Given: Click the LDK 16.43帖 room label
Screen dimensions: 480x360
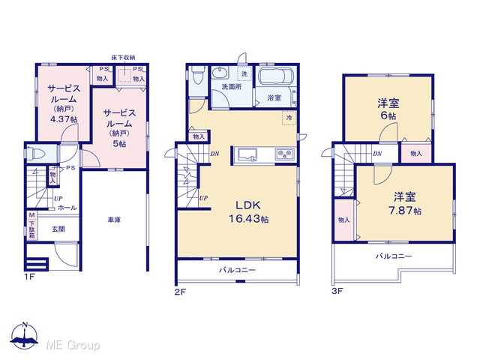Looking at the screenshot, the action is pyautogui.click(x=248, y=211).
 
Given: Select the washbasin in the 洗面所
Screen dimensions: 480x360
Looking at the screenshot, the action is pyautogui.click(x=220, y=73).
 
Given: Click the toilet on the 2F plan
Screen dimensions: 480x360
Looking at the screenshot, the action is pyautogui.click(x=196, y=75).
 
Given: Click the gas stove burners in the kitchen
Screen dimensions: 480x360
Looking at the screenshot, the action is pyautogui.click(x=285, y=154).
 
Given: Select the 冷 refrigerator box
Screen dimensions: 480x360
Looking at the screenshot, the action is pyautogui.click(x=289, y=118).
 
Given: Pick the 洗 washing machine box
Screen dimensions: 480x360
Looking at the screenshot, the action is pyautogui.click(x=245, y=73).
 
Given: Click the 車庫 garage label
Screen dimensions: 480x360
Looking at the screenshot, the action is pyautogui.click(x=114, y=220).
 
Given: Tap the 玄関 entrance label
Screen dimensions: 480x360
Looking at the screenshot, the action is pyautogui.click(x=58, y=229).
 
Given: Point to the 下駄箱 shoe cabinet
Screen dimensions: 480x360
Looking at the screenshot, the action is pyautogui.click(x=31, y=226).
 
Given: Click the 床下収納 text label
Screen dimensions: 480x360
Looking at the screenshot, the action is pyautogui.click(x=123, y=58).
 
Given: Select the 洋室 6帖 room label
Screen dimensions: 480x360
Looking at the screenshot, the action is pyautogui.click(x=388, y=109).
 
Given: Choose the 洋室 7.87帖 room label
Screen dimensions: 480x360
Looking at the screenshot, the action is pyautogui.click(x=405, y=203).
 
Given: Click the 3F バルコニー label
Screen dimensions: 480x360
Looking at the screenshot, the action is pyautogui.click(x=394, y=256).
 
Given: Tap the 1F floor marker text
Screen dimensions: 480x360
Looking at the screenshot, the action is pyautogui.click(x=30, y=277).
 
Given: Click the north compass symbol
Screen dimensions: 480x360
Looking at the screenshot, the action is pyautogui.click(x=25, y=335).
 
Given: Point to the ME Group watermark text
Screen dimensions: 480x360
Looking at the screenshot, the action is pyautogui.click(x=73, y=346).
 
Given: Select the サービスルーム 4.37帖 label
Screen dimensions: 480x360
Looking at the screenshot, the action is pyautogui.click(x=63, y=103).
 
